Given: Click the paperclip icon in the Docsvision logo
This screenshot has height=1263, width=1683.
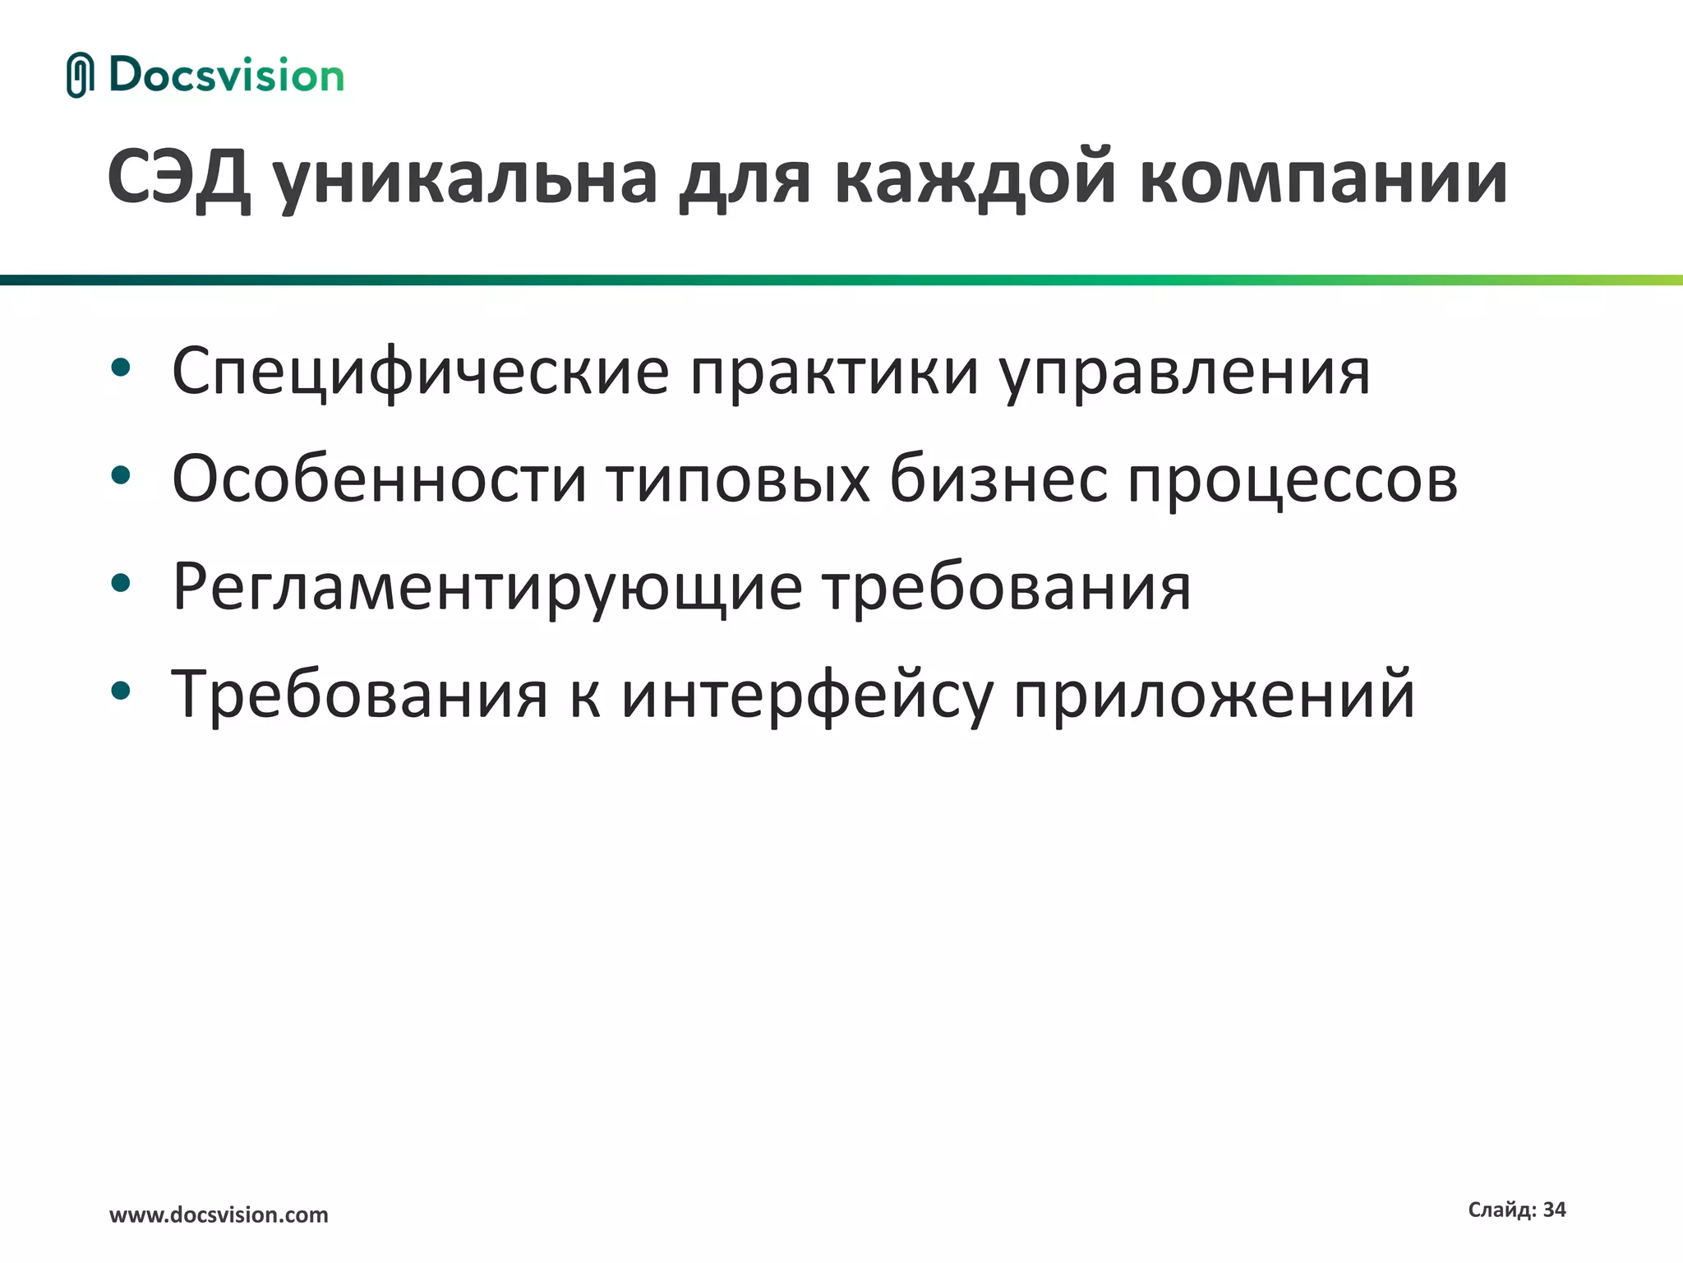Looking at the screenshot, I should tap(80, 76).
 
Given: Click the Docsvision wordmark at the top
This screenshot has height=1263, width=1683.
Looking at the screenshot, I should tap(226, 76).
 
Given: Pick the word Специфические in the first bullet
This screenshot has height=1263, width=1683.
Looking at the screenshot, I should tap(421, 372).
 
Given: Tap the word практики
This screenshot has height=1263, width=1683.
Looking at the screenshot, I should tap(834, 372).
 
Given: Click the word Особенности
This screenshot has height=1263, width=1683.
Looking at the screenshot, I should tap(379, 479).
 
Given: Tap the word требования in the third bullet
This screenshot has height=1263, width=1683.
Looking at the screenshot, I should tap(1007, 588).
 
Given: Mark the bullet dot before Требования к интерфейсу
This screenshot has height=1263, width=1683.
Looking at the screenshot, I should tap(121, 692).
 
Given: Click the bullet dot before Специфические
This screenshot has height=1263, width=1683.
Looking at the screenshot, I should tap(121, 368).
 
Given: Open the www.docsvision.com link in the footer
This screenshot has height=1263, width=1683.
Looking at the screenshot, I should tap(219, 1214).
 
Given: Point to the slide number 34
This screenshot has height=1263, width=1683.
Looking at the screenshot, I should tap(1554, 1210).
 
